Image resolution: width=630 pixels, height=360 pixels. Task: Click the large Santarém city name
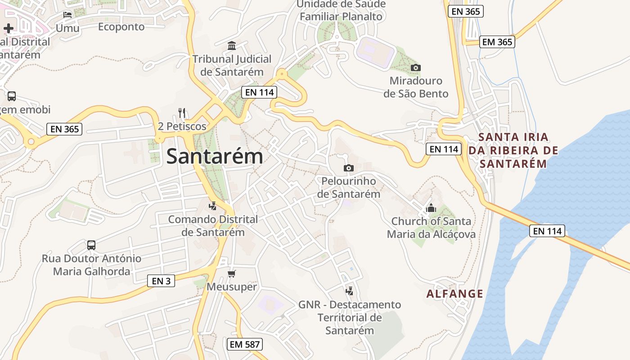pyautogui.click(x=215, y=157)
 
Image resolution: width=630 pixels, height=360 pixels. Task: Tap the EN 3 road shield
pyautogui.click(x=161, y=281)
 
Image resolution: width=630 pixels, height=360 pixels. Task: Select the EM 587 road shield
pyautogui.click(x=244, y=344)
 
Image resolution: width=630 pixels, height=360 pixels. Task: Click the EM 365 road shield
pyautogui.click(x=497, y=42)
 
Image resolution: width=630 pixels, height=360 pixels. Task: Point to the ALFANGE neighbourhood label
pyautogui.click(x=454, y=294)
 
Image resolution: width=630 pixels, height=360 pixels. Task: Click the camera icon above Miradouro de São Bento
pyautogui.click(x=416, y=68)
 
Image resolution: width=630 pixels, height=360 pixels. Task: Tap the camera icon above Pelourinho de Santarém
pyautogui.click(x=348, y=168)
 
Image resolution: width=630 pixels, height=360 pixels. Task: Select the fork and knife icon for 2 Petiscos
pyautogui.click(x=182, y=112)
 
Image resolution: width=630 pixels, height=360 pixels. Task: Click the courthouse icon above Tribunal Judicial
pyautogui.click(x=232, y=45)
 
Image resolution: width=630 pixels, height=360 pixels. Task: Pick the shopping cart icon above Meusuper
pyautogui.click(x=232, y=274)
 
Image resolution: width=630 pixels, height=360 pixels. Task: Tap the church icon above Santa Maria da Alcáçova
pyautogui.click(x=431, y=208)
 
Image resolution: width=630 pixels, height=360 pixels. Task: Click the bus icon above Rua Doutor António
pyautogui.click(x=91, y=245)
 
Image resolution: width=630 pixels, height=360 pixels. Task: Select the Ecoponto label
pyautogui.click(x=121, y=27)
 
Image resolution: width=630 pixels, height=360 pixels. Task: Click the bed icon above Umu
pyautogui.click(x=67, y=14)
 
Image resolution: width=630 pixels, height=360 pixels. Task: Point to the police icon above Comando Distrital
pyautogui.click(x=213, y=206)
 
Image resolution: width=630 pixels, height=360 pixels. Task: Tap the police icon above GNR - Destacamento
pyautogui.click(x=349, y=291)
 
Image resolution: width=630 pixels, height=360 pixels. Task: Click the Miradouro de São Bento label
pyautogui.click(x=416, y=87)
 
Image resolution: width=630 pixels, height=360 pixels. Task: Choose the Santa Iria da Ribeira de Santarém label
pyautogui.click(x=513, y=150)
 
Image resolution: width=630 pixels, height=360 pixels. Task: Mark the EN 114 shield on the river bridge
pyautogui.click(x=547, y=231)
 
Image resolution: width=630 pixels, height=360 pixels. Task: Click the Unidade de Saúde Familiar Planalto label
pyautogui.click(x=341, y=10)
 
